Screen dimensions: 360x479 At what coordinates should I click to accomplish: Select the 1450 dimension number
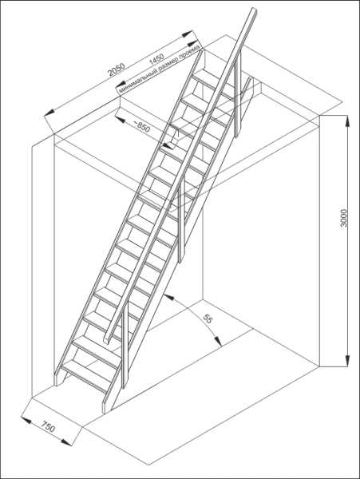pos(156,59)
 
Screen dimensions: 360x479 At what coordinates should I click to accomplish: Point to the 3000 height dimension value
pos(344,218)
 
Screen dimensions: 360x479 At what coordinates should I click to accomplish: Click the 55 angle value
pos(208,319)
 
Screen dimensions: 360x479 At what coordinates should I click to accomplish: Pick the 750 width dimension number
pos(48,427)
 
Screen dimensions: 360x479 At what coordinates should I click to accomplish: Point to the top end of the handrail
pos(253,10)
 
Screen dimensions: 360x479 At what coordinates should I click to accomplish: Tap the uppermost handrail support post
pos(238,95)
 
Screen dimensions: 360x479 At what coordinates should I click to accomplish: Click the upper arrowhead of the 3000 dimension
pos(347,120)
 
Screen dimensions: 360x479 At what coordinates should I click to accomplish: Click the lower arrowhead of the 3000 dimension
pos(347,361)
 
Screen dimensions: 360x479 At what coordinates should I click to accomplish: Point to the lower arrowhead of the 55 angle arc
pos(218,341)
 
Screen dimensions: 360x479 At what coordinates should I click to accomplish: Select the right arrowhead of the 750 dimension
pos(66,442)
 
